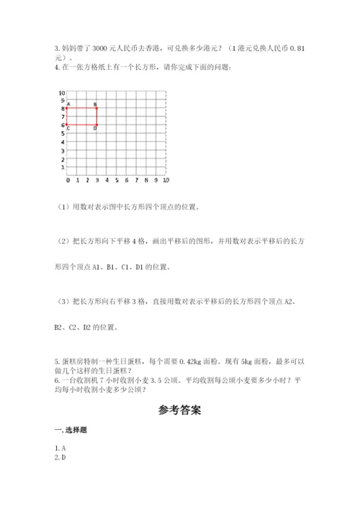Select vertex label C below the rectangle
(x=68, y=128)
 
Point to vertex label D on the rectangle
(x=96, y=128)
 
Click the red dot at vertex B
(x=97, y=109)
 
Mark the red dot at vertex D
(x=97, y=125)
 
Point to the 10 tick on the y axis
(x=62, y=92)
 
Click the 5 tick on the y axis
(x=63, y=133)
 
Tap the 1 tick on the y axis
(x=63, y=166)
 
